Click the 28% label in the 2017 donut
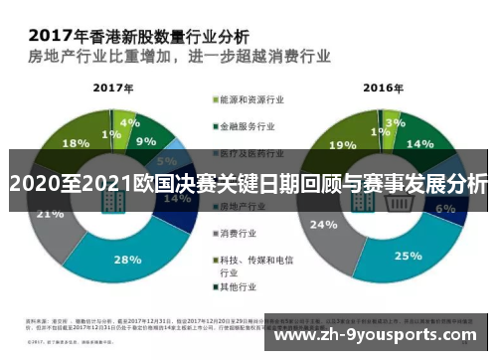coord(126,260)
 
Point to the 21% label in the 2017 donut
coord(49,213)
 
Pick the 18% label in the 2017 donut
coord(48,142)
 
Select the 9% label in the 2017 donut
coord(147,141)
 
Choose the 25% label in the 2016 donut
coord(408,256)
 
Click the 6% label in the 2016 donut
coord(445,209)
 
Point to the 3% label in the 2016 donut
coord(396,123)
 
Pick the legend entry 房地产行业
coord(244,206)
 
